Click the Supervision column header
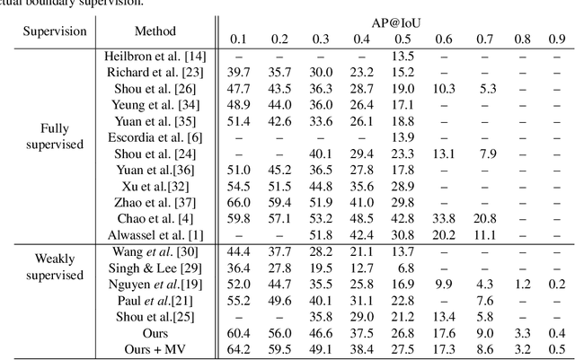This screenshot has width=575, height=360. [x=56, y=31]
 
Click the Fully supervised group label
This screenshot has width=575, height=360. [x=56, y=136]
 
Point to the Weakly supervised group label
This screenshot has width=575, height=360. [x=56, y=266]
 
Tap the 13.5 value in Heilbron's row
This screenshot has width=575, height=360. [x=402, y=57]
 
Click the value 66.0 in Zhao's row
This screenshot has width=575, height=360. [x=239, y=201]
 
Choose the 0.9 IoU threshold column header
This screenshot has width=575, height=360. [x=558, y=40]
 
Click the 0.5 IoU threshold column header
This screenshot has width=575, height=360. [x=402, y=40]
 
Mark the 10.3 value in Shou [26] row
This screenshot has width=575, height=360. [x=444, y=88]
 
